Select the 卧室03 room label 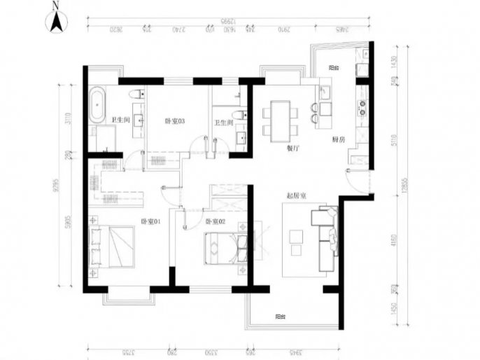174,122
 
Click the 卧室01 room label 151,222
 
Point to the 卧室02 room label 215,222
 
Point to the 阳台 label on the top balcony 334,69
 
